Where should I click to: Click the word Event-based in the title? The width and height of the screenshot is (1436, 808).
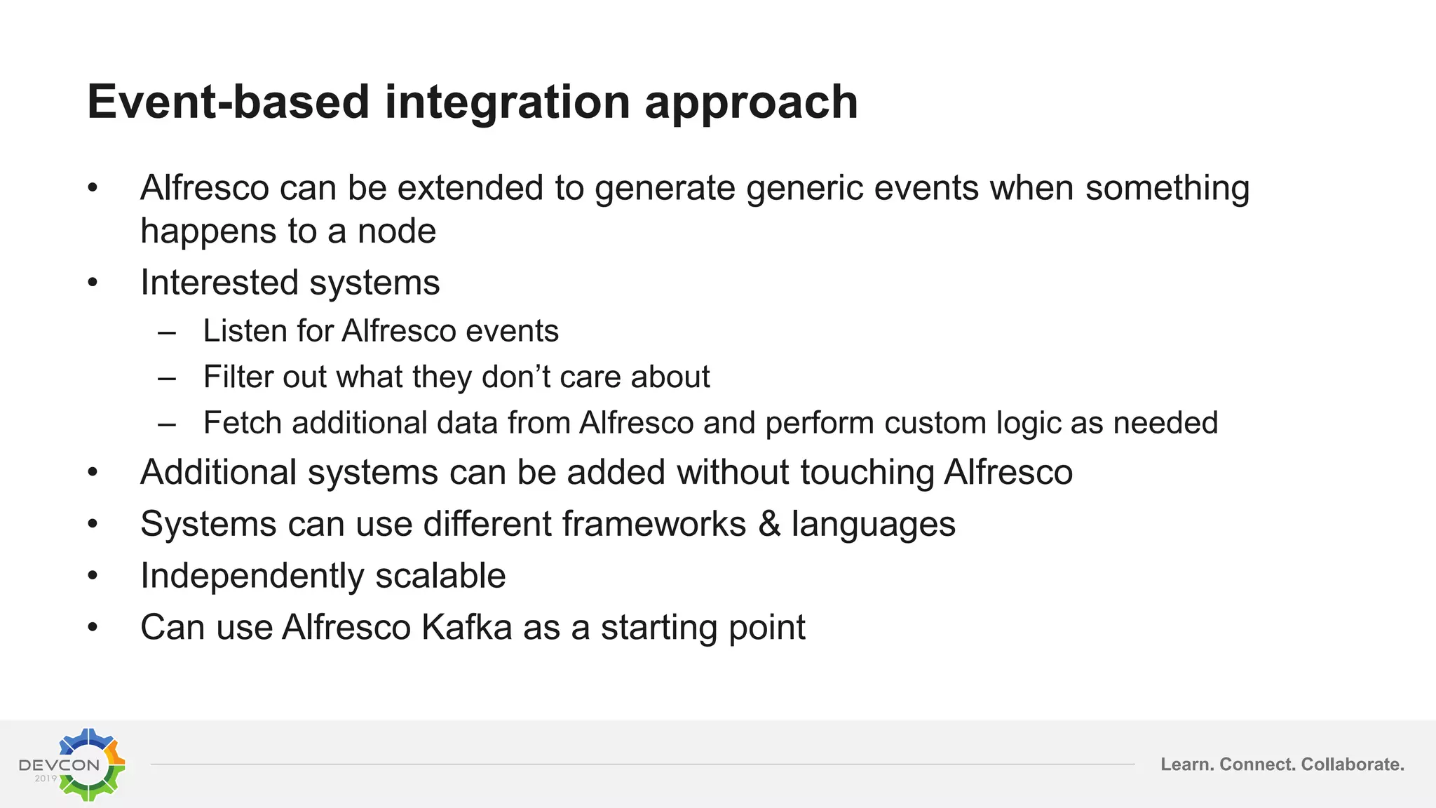point(228,102)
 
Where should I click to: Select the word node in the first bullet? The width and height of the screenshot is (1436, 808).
point(397,231)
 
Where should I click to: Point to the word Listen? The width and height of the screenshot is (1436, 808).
point(243,331)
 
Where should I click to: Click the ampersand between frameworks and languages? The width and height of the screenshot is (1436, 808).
point(769,525)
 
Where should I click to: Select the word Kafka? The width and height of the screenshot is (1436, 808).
point(466,628)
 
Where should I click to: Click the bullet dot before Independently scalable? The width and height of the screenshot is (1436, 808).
point(93,577)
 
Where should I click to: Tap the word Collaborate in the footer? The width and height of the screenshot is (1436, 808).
point(1352,765)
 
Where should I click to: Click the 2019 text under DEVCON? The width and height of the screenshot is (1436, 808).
point(46,779)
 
